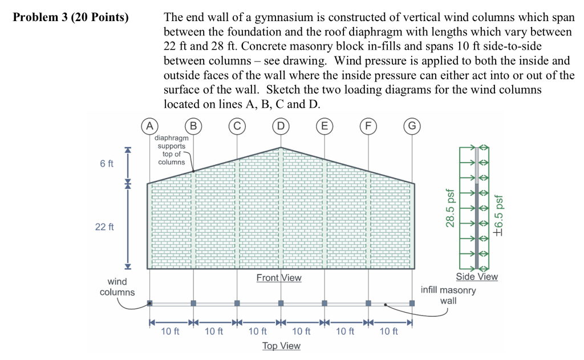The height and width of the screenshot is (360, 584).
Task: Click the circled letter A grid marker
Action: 149,125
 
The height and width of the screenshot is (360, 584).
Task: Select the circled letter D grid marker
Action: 281,125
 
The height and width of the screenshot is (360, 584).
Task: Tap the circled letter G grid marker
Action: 412,125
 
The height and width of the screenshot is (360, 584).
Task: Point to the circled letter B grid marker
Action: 193,125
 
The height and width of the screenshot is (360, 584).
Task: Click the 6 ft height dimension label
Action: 107,164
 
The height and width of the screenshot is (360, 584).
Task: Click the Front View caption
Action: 279,278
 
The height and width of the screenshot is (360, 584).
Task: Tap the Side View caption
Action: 477,277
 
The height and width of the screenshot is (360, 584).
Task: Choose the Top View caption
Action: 281,346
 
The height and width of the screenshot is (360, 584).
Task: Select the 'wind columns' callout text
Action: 117,287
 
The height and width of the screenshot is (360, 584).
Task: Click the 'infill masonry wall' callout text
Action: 448,295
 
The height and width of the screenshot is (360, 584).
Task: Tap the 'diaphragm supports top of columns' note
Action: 171,150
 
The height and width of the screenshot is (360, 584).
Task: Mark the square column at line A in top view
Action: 149,303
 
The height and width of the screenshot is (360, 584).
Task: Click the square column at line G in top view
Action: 412,303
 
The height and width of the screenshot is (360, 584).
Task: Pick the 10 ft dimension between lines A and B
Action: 170,331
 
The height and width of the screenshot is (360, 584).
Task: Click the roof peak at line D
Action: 281,147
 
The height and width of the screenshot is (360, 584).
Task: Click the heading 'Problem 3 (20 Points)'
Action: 71,17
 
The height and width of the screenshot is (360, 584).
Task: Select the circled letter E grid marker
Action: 325,125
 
